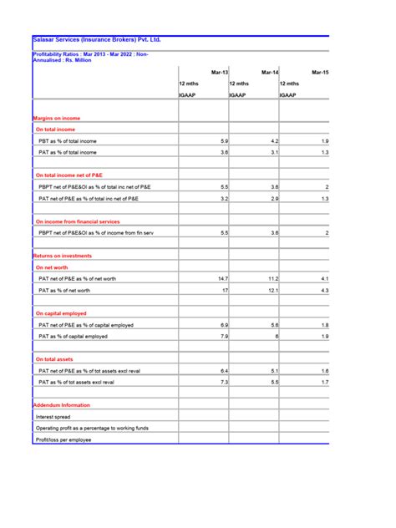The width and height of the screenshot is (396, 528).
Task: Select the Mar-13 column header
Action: coord(220,73)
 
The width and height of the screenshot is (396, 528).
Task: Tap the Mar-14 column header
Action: coord(270,73)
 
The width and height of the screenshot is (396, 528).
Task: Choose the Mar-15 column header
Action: coord(320,73)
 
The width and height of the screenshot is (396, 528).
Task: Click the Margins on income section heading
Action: coord(57,119)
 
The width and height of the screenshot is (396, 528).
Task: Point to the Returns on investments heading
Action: coord(62,256)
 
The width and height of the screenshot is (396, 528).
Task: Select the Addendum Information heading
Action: coord(62,404)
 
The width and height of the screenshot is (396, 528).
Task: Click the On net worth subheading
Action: coord(51,267)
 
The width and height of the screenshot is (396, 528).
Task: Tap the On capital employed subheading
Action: coord(60,313)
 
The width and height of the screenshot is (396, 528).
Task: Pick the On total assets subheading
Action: coord(54,358)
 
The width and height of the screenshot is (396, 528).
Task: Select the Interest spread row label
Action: coord(53,416)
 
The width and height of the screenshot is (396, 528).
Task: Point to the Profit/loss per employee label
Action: coord(63,439)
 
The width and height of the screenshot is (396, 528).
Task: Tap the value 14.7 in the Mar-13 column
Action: coord(222,278)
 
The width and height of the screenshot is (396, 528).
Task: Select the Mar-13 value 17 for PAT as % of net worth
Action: coord(225,290)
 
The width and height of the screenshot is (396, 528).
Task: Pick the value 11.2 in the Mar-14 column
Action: coord(272,278)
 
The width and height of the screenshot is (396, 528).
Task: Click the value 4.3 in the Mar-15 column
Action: coord(325,290)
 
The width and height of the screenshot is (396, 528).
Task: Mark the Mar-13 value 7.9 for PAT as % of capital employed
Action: coord(224,336)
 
